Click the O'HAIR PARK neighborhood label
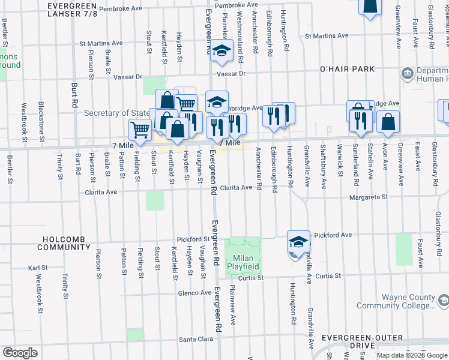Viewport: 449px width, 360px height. click(x=347, y=69)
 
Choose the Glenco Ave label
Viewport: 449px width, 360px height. click(x=194, y=293)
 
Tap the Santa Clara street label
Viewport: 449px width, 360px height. click(x=197, y=340)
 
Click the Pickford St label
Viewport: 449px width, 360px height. click(x=193, y=239)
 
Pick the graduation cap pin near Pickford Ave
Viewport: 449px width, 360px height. click(x=298, y=241)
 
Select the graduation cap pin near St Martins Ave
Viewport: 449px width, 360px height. click(x=221, y=51)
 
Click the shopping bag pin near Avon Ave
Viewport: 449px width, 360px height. click(x=388, y=121)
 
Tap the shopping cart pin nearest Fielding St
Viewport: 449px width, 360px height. click(x=140, y=129)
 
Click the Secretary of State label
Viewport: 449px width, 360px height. click(x=117, y=113)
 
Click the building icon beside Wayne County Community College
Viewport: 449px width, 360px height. click(x=442, y=299)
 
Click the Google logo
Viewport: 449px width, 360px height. click(x=20, y=353)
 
